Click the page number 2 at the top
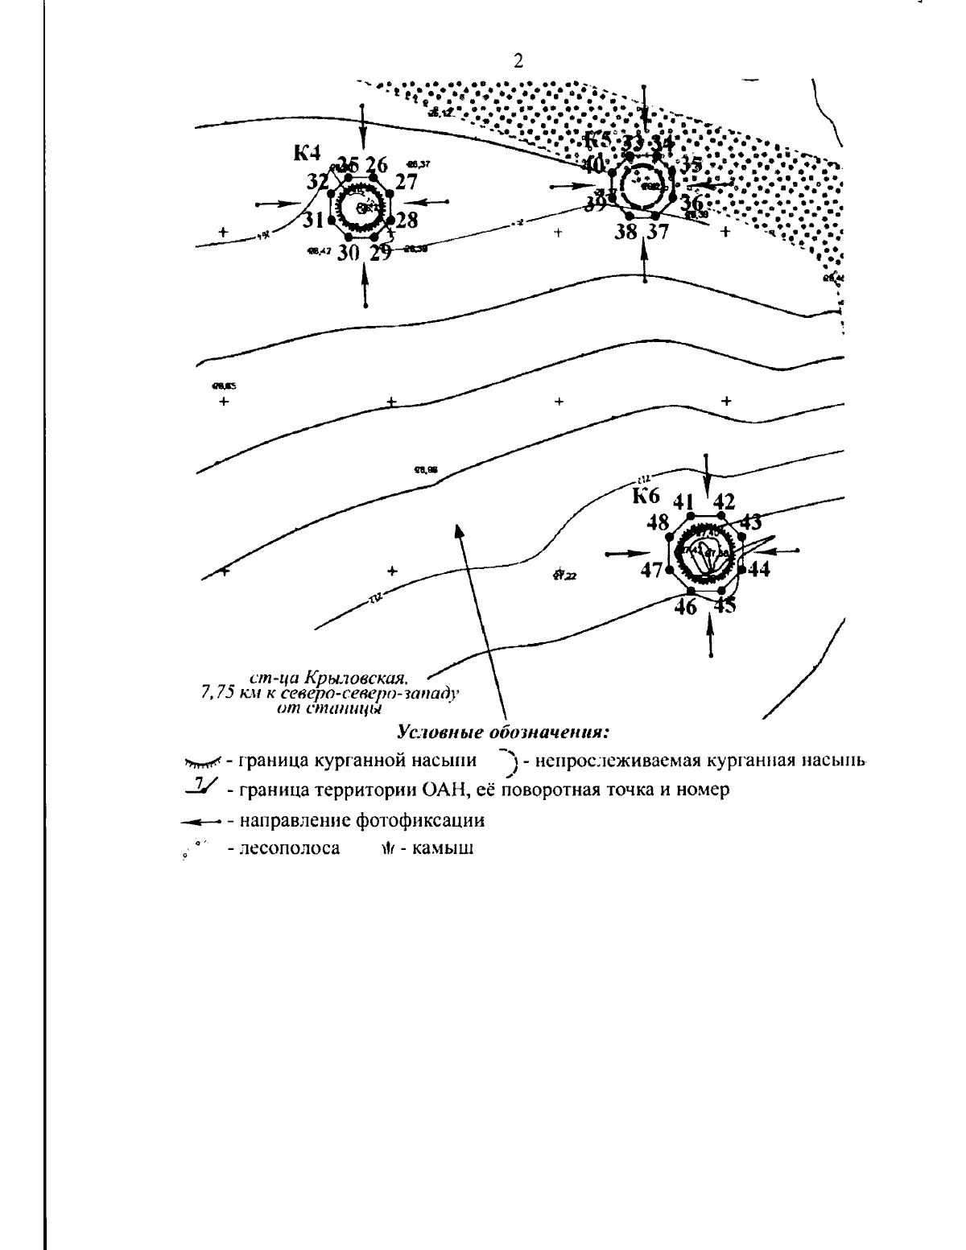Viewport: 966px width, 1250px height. click(518, 61)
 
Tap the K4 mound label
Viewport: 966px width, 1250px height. click(307, 152)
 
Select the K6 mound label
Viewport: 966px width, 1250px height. click(646, 496)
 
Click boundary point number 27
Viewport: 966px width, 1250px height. click(407, 182)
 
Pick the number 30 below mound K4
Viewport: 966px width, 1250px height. click(348, 253)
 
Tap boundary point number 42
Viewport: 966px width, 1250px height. click(724, 501)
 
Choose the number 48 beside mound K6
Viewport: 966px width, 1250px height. click(657, 522)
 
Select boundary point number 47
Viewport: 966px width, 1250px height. click(651, 570)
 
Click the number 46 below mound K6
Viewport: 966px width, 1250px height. click(685, 606)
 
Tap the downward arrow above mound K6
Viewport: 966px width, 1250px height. click(707, 476)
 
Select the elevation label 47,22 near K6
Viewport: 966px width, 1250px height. click(566, 575)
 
